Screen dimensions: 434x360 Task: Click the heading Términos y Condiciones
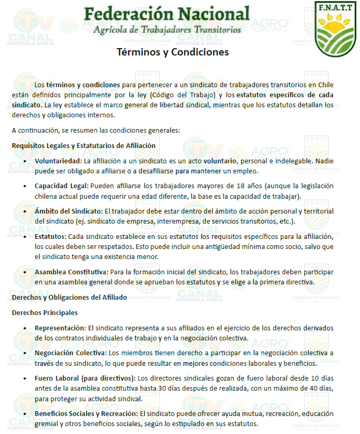173,52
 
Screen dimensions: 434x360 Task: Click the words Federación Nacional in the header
167,13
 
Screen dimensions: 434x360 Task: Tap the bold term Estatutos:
51,237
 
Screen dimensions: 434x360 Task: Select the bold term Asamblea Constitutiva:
71,272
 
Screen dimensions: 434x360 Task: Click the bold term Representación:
60,328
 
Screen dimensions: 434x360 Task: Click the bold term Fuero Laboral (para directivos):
85,378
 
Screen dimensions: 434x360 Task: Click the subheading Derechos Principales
45,312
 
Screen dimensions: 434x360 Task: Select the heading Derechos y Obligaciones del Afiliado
69,298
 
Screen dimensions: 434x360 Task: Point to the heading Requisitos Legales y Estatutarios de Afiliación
83,145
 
